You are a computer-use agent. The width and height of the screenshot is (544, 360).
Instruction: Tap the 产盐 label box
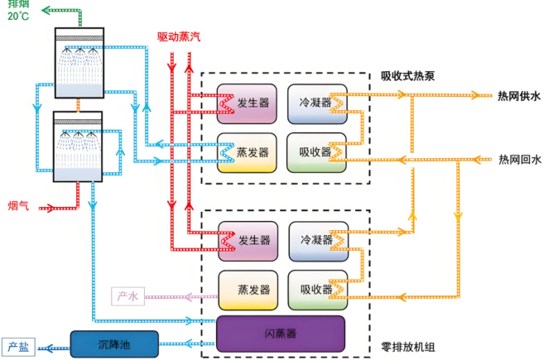(19, 347)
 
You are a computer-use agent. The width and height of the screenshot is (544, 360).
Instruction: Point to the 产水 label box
(126, 295)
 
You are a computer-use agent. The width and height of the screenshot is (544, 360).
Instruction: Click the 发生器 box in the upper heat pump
(248, 103)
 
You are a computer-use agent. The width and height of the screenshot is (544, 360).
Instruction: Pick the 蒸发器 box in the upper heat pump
(248, 152)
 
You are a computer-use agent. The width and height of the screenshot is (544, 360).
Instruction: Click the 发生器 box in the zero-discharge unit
(248, 241)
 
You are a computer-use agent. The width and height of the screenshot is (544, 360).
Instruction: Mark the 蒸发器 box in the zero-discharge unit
(248, 290)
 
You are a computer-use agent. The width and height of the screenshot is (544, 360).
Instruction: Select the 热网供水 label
(518, 97)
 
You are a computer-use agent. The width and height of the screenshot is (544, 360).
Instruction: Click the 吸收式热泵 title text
(407, 76)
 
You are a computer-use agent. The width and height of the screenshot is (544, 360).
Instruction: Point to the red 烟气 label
(18, 205)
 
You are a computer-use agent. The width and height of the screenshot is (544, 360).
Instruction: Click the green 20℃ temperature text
(18, 17)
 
